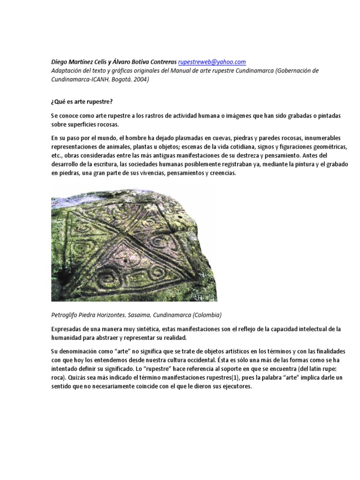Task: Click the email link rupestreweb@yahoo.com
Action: coord(212,62)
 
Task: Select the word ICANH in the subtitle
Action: coord(99,79)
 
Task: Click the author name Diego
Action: coord(60,62)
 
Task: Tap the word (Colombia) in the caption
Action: coord(205,314)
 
